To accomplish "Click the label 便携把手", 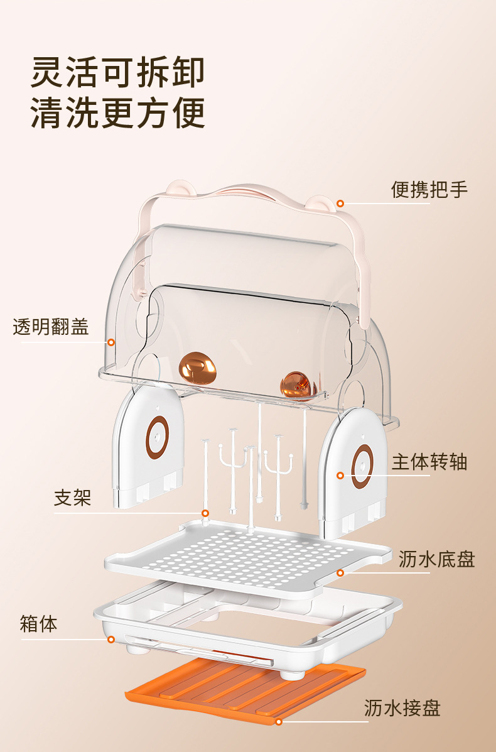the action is click(x=429, y=189).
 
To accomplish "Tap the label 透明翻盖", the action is click(x=51, y=327).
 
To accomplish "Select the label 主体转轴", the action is click(x=429, y=462).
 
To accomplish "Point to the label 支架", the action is click(x=72, y=498).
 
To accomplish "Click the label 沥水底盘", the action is click(x=436, y=559).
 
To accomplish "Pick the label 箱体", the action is click(x=38, y=624).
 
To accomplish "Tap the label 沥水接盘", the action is click(x=402, y=708).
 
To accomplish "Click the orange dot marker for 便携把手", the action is click(x=340, y=204).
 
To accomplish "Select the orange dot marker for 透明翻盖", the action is click(x=111, y=342).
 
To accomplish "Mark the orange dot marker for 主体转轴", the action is click(x=340, y=476).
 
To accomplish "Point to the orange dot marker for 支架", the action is click(x=205, y=513).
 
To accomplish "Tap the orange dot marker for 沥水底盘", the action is click(x=340, y=572).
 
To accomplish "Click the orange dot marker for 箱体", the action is click(x=111, y=640).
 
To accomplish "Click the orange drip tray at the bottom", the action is click(x=245, y=688).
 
